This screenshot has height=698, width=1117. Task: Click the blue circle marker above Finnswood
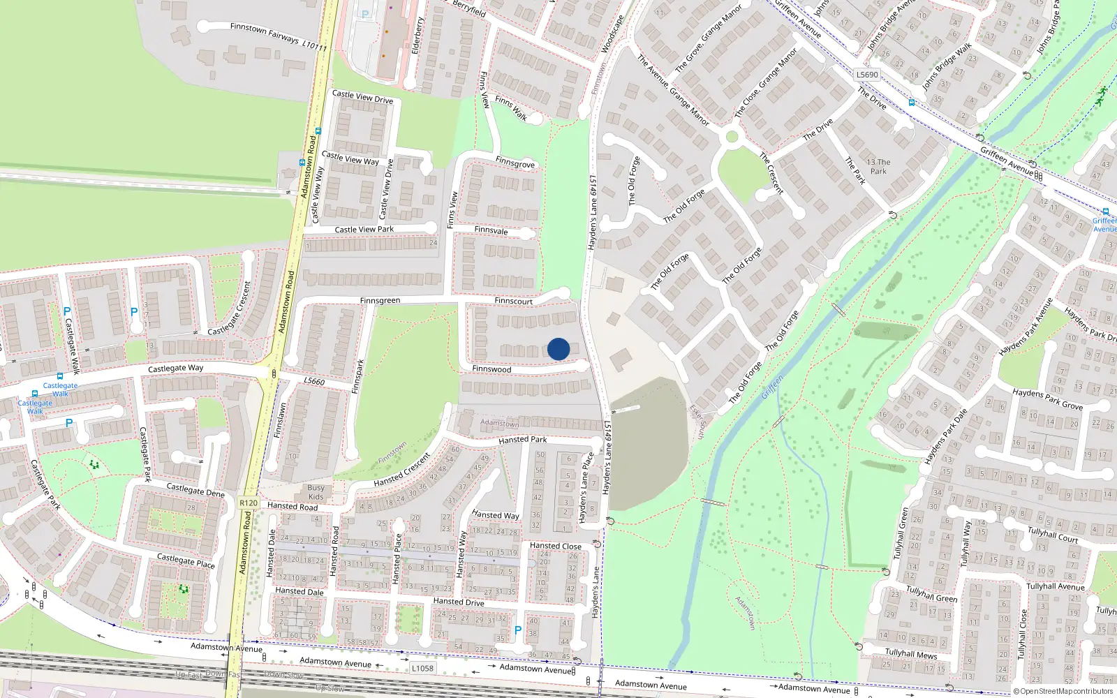[x=558, y=349]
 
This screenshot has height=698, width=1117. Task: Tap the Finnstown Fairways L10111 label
[x=278, y=36]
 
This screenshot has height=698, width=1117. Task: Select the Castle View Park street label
[x=364, y=229]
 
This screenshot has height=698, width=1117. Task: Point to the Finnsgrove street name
[x=515, y=163]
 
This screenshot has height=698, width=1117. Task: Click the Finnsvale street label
[x=491, y=230]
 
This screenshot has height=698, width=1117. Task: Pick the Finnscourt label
[x=513, y=301]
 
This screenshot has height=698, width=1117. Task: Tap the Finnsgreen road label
[x=380, y=301]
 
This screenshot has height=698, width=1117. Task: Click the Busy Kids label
[x=316, y=492]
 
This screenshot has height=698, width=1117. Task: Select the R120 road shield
[x=248, y=503]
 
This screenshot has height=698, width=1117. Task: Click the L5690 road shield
[x=867, y=75]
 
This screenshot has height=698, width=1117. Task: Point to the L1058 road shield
[x=422, y=668]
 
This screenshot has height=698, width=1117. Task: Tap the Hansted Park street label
[x=522, y=440]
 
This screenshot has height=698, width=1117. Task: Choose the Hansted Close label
[x=555, y=546]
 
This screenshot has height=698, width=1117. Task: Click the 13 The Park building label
[x=878, y=166]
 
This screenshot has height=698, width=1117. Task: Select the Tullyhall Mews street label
[x=911, y=654]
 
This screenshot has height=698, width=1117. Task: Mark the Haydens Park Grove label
[x=1047, y=399]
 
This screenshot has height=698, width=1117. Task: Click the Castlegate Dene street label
[x=195, y=490]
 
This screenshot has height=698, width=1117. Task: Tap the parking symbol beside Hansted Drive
[x=517, y=630]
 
